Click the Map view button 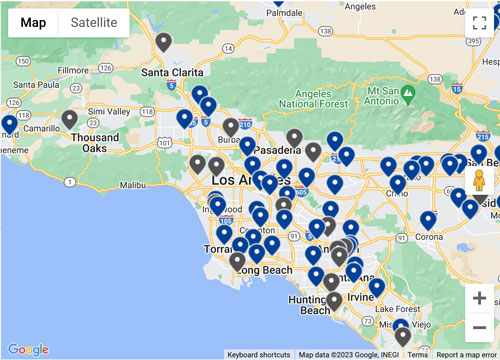(x=33, y=22)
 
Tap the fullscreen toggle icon (x=479, y=23)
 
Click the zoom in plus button (x=479, y=297)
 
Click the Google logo (x=28, y=349)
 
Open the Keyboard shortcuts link (x=259, y=354)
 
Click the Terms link (x=417, y=354)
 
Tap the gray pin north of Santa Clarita (x=164, y=42)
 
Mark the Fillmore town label (x=74, y=71)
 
